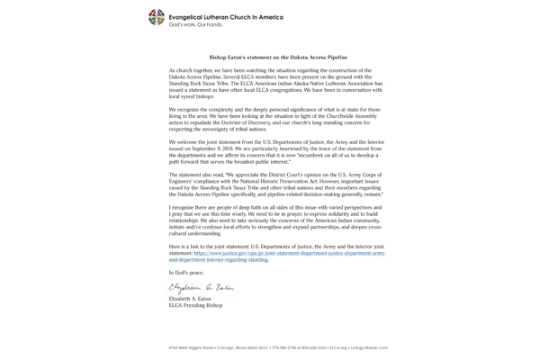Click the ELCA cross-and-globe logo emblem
(157, 17)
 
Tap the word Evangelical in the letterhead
(190, 16)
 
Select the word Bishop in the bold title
(220, 57)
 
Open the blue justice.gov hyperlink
(288, 254)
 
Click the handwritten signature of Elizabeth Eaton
(202, 286)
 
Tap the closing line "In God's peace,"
(186, 272)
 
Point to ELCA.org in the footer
(338, 346)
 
